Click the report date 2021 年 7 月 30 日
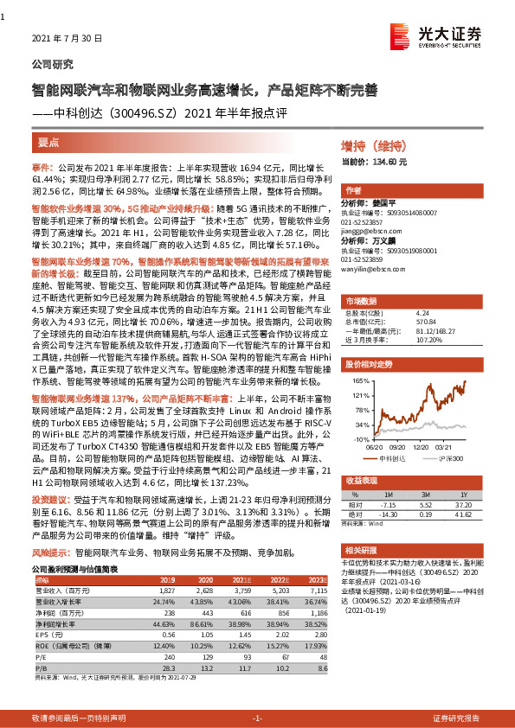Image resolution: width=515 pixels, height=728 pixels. (67, 39)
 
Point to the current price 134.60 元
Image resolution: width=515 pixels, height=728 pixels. (384, 162)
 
